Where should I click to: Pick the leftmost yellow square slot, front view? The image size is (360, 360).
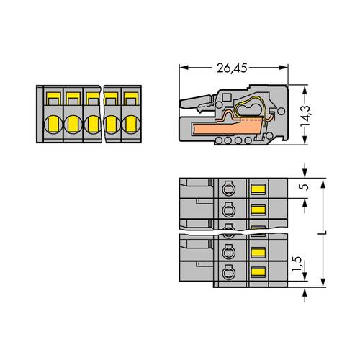coord(53,96)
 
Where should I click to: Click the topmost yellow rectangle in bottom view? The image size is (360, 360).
coord(256,190)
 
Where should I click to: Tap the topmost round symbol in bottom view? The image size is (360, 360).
coord(229,190)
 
